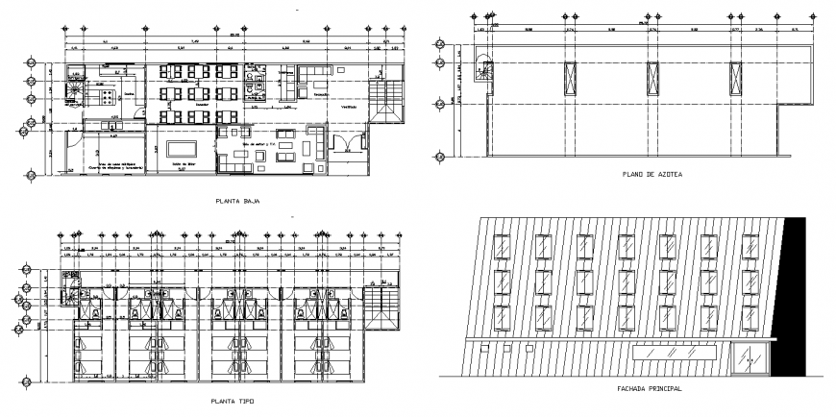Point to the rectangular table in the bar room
pos(181,149)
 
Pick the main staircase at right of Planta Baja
pos(391,96)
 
